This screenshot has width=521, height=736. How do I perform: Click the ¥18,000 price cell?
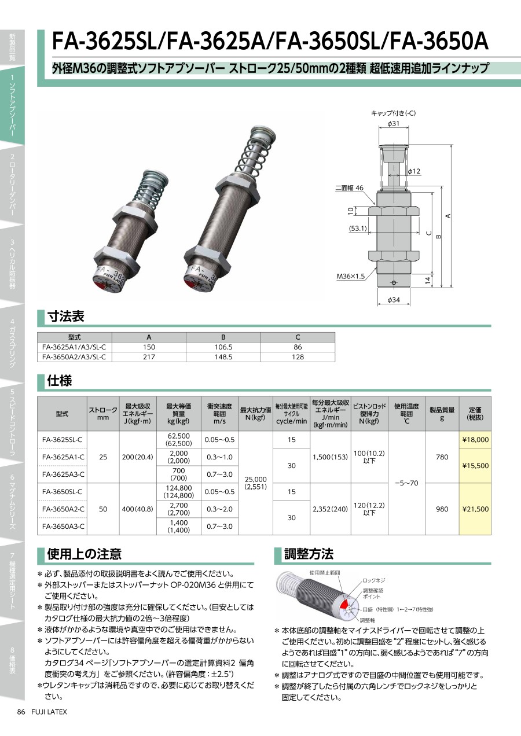pos(475,440)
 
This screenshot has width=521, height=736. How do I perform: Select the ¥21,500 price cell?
pos(475,509)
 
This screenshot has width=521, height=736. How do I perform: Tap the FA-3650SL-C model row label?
pos(62,492)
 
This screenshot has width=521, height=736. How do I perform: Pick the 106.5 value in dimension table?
pos(223,347)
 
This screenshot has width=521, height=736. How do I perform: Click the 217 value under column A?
pos(149,357)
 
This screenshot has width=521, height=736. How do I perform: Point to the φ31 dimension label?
pos(393,124)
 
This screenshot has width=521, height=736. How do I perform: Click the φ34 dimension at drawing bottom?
pos(394,300)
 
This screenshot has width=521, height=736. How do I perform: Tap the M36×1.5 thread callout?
pos(350,276)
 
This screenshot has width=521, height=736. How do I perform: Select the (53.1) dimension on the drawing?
pos(358,228)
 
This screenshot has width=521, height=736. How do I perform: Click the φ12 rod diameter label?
pos(414,171)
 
